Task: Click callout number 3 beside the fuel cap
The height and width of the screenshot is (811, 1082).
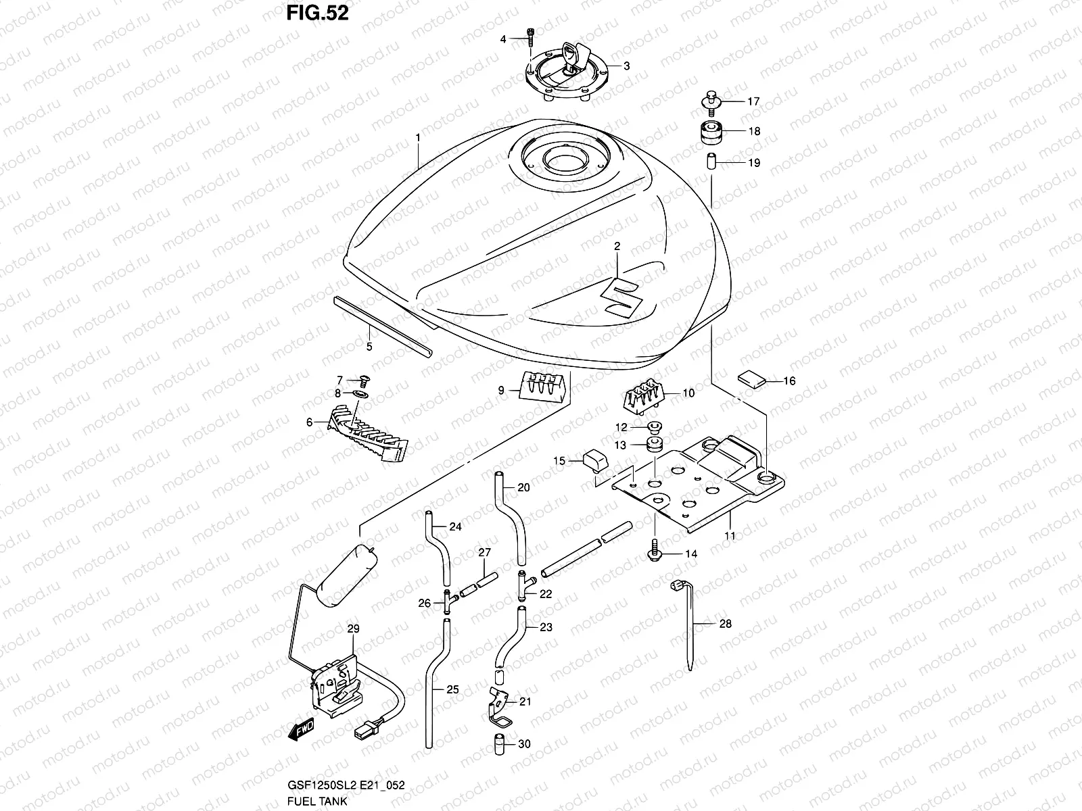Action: [626, 66]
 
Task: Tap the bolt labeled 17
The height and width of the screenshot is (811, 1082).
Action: [710, 101]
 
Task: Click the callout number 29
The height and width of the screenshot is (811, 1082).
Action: [353, 629]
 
